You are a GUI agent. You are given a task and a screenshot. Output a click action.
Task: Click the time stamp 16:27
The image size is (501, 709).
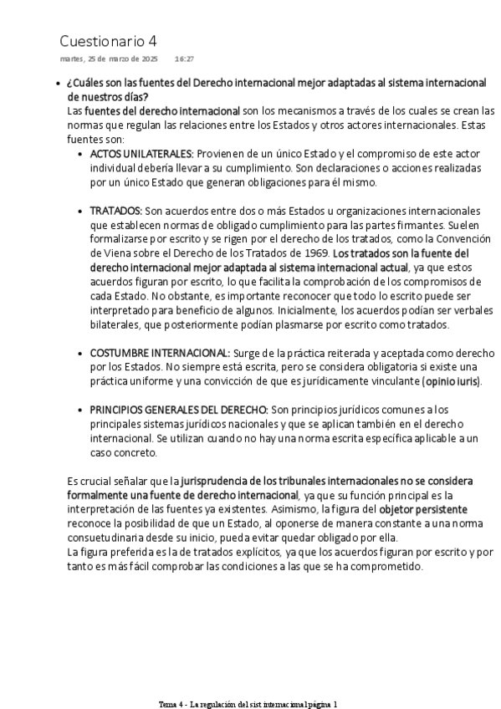[x=184, y=59]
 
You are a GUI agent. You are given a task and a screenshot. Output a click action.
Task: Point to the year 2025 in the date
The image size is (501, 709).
[x=148, y=59]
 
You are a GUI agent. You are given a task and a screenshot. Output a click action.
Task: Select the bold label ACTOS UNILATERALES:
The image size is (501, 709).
[x=141, y=154]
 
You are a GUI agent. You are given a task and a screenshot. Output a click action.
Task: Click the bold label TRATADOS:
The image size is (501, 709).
[x=115, y=211]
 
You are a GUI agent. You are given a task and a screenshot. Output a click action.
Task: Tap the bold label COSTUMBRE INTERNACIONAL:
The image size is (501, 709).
[x=160, y=353]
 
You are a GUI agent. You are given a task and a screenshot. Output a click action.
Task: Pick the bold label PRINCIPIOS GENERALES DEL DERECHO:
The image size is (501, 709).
[x=179, y=410]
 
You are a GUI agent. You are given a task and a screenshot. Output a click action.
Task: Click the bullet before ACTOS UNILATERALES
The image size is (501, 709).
[x=81, y=154]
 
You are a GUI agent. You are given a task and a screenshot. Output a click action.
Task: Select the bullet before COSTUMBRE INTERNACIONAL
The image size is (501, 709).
[x=81, y=353]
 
